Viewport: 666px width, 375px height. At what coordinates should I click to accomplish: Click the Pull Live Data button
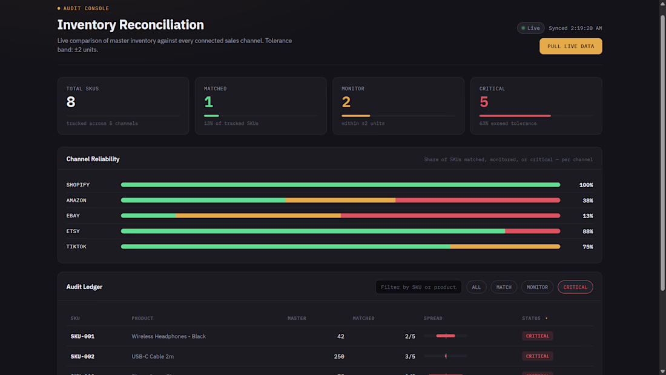click(570, 46)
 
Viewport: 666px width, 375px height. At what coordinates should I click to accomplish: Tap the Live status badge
click(530, 28)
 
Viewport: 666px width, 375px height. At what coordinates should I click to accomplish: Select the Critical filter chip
click(575, 287)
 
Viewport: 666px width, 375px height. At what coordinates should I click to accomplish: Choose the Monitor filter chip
click(537, 287)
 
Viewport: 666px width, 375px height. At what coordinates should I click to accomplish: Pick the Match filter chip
click(504, 287)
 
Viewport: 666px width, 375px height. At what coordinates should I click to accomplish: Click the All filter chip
click(476, 287)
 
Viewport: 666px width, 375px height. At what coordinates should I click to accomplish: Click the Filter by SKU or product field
click(418, 287)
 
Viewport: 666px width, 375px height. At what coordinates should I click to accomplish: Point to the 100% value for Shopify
click(586, 185)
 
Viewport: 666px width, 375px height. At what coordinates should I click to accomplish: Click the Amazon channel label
click(76, 201)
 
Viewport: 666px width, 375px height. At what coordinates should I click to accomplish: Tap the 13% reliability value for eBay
click(588, 216)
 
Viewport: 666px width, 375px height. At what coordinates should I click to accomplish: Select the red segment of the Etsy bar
click(533, 231)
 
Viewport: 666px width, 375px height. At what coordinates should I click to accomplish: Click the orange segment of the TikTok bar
click(506, 247)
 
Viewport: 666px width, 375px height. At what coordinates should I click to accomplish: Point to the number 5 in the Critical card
click(484, 102)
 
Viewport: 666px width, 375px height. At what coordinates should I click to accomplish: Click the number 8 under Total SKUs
click(71, 102)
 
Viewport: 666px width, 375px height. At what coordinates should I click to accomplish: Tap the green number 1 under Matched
click(208, 102)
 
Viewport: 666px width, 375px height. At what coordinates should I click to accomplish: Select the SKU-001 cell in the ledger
click(82, 336)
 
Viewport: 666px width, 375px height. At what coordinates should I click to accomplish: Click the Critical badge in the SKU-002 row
click(537, 356)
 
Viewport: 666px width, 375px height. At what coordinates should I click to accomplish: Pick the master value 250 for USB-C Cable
click(339, 357)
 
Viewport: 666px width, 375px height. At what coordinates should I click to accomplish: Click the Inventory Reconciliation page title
click(130, 25)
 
